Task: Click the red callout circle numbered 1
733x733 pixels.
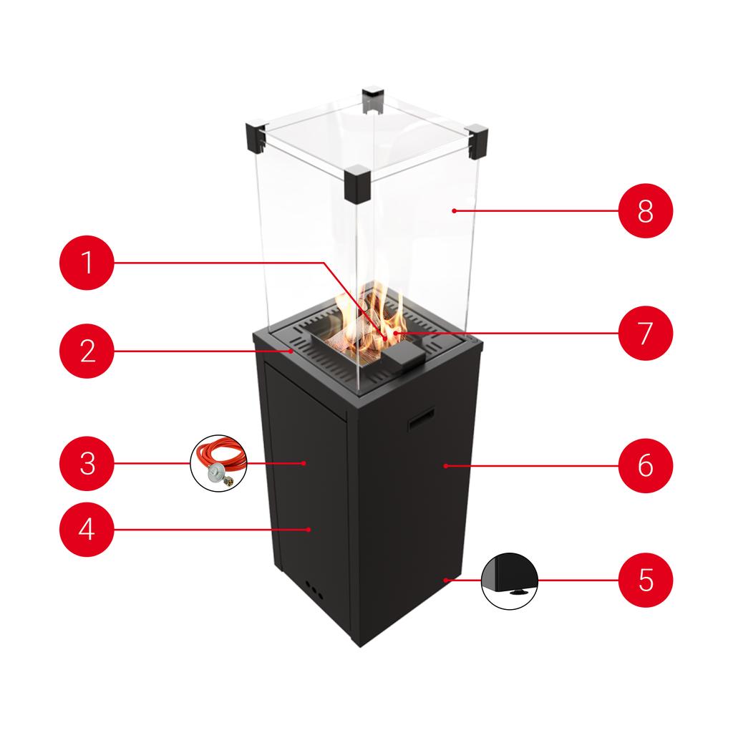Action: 87,263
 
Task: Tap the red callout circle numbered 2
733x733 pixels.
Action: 87,351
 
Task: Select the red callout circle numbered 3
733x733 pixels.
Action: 87,463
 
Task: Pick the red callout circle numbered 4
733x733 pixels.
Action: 87,529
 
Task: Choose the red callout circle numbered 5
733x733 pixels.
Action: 646,579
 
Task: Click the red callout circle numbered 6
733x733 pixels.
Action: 646,465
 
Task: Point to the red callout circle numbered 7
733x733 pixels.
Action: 646,333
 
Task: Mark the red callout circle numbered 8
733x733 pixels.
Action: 646,211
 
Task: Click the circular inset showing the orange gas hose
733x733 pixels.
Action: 219,463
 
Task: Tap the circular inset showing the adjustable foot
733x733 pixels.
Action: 510,579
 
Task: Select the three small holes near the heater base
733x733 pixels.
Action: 314,590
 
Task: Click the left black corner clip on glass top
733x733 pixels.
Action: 256,138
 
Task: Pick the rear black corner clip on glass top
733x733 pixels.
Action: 373,100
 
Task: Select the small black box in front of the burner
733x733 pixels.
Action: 402,356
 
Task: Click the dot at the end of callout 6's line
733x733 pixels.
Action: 445,465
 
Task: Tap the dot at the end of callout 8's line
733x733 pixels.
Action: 454,210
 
